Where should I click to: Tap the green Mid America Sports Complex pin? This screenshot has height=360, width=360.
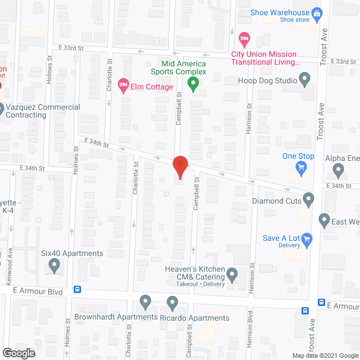[x=193, y=85]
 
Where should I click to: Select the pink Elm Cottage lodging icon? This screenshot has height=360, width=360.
[x=123, y=85]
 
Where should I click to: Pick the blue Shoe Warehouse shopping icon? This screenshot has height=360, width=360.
[x=317, y=12]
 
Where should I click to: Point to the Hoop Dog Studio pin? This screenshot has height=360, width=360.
[x=305, y=81]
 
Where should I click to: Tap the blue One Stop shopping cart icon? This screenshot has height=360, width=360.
[x=301, y=167]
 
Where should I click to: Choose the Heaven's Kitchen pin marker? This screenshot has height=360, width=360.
[x=232, y=274]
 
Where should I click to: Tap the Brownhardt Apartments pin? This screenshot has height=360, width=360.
[x=146, y=302]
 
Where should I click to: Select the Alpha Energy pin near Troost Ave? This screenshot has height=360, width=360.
[x=339, y=169]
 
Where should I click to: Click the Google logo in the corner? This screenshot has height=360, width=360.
[x=18, y=353]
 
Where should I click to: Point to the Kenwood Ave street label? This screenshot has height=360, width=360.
[x=10, y=269]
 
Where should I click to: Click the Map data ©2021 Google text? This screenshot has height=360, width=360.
[x=324, y=355]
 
